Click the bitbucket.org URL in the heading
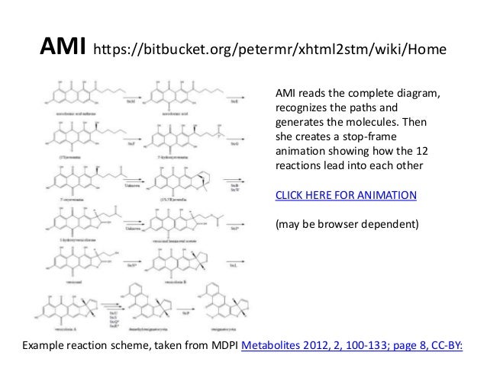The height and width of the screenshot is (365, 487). [266, 52]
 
